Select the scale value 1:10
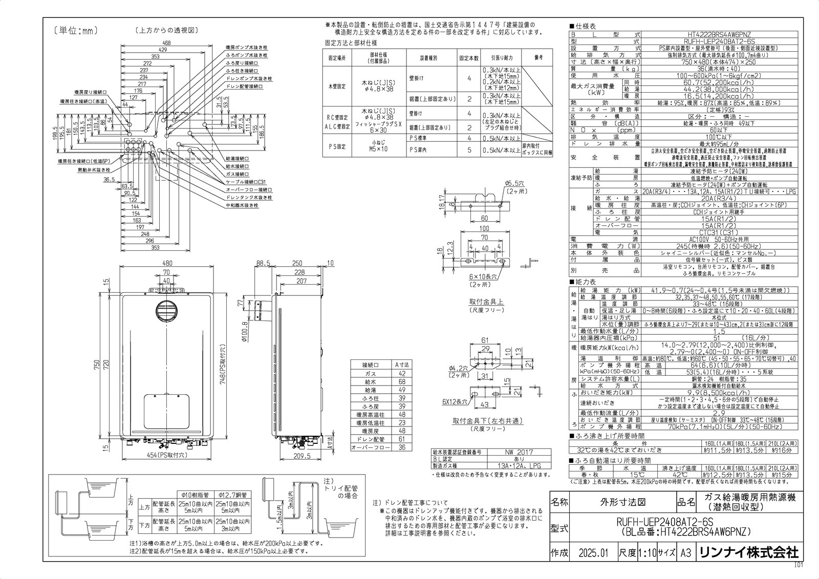(x=647, y=553)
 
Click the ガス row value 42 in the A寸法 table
(x=401, y=374)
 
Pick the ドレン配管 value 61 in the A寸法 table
(x=401, y=439)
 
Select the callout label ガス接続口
(x=238, y=174)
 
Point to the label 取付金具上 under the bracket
(x=486, y=302)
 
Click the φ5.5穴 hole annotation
(x=512, y=184)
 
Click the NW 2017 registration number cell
(x=519, y=452)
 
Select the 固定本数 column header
(x=469, y=58)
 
